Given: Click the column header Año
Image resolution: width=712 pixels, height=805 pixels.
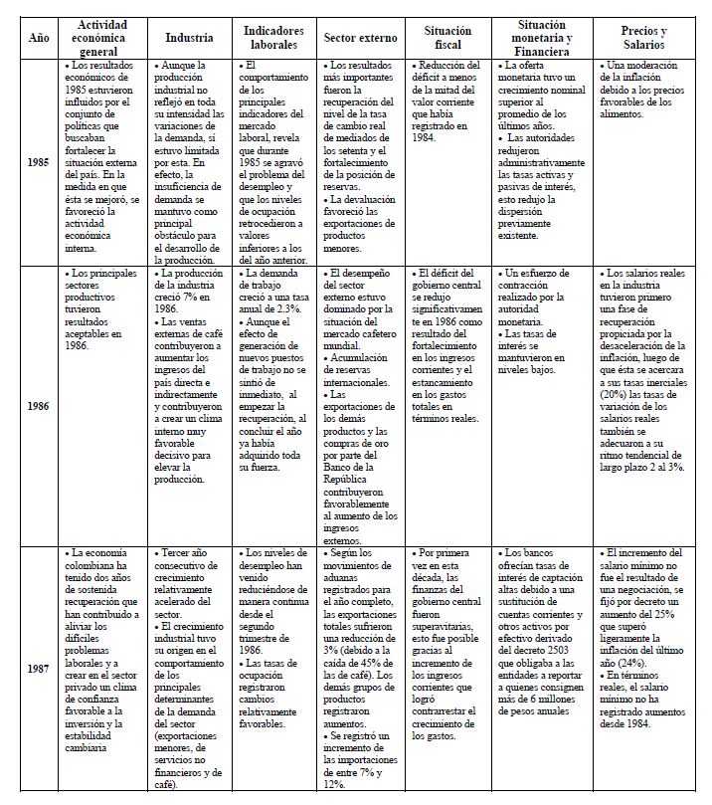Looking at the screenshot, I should pyautogui.click(x=39, y=38).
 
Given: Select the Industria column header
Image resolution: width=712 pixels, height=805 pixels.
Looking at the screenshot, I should pyautogui.click(x=189, y=38).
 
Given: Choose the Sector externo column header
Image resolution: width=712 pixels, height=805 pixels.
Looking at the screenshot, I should pyautogui.click(x=360, y=38).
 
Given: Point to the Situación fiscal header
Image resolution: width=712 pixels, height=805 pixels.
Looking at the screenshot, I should pyautogui.click(x=447, y=38).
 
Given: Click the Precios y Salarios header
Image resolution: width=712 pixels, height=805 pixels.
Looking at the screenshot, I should pyautogui.click(x=643, y=38).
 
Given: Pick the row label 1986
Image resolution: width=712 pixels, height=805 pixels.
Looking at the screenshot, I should pyautogui.click(x=39, y=406).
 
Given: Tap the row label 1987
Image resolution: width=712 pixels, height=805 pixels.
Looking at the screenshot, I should pyautogui.click(x=39, y=669).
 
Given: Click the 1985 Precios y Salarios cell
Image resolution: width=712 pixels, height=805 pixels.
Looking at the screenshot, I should pyautogui.click(x=643, y=90).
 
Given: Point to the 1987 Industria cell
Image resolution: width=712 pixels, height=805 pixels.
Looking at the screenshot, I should pyautogui.click(x=189, y=669).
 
